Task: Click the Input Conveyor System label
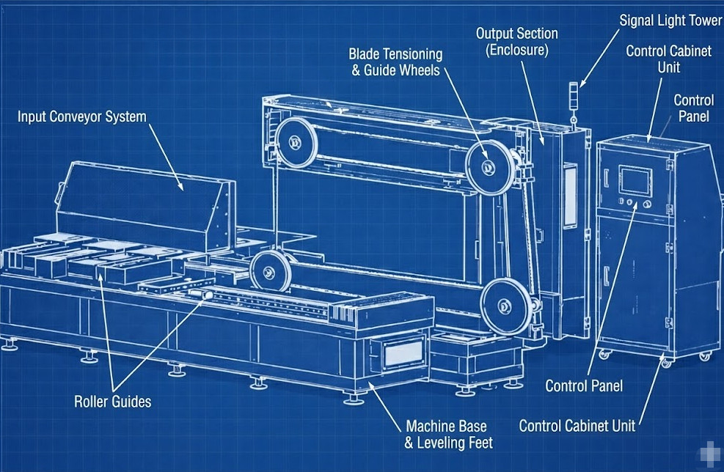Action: (x=82, y=117)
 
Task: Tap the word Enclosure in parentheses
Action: (x=517, y=50)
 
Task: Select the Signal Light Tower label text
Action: (x=670, y=21)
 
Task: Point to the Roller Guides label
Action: (x=113, y=401)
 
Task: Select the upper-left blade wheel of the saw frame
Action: (x=296, y=139)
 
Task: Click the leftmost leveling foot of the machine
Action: (x=9, y=344)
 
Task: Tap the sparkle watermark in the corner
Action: (x=708, y=455)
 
